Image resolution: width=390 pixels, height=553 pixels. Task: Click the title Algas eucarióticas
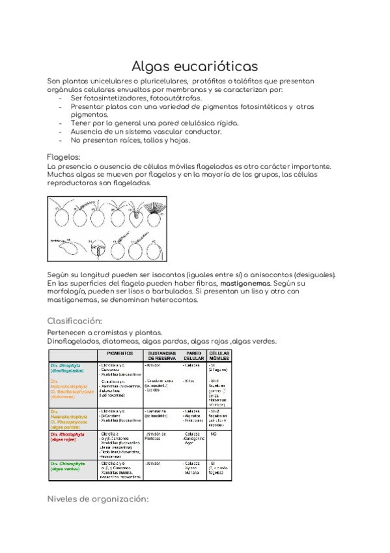click(x=195, y=66)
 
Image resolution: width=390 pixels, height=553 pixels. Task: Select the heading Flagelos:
click(x=64, y=157)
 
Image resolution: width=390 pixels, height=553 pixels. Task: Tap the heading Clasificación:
click(x=75, y=321)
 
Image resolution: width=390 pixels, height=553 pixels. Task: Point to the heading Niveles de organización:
click(x=98, y=499)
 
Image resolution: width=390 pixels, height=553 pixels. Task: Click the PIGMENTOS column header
click(x=120, y=353)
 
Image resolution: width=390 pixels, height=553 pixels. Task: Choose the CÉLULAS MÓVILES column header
click(x=220, y=355)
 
